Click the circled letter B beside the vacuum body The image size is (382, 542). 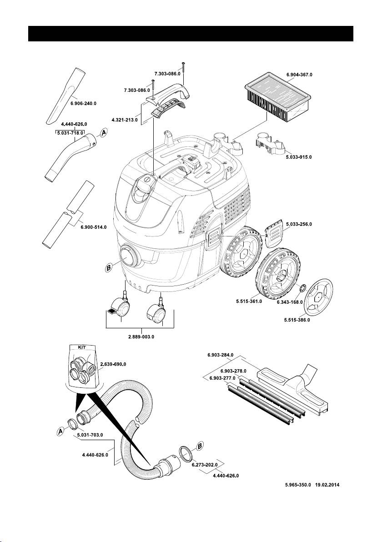108,269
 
